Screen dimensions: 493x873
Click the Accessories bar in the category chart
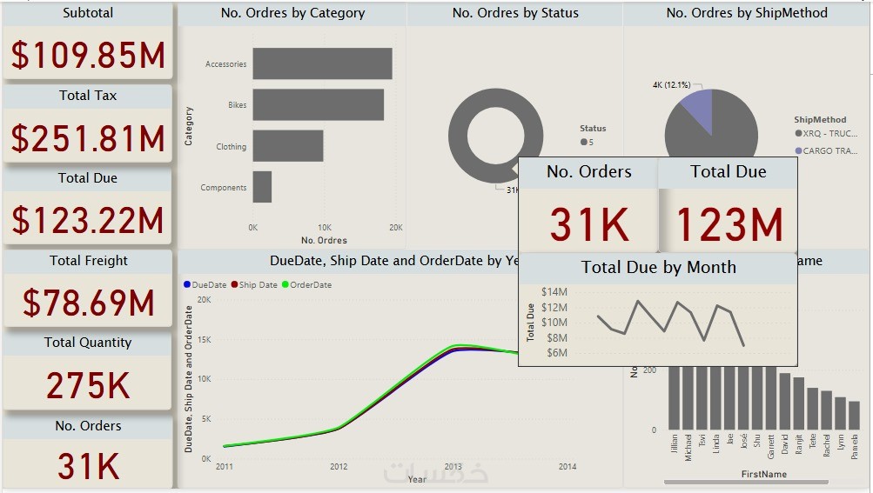(322, 63)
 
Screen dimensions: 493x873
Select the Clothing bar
(287, 146)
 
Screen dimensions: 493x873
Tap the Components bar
(262, 187)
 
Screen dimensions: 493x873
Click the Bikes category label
(238, 105)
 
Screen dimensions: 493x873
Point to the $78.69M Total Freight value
(88, 303)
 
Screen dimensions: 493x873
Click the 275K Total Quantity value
(88, 385)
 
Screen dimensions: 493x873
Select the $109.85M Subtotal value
(88, 55)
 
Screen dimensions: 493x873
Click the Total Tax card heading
(88, 96)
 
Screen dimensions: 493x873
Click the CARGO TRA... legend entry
(829, 151)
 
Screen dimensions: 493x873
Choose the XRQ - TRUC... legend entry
(829, 134)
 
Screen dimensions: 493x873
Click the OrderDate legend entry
(310, 285)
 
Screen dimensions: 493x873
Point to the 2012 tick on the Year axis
(339, 467)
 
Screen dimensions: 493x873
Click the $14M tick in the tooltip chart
(554, 292)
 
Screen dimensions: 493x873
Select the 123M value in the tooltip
(729, 224)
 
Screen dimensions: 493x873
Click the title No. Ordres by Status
(515, 13)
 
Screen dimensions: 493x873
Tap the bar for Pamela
(854, 415)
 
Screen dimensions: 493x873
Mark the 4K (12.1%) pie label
(671, 85)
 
